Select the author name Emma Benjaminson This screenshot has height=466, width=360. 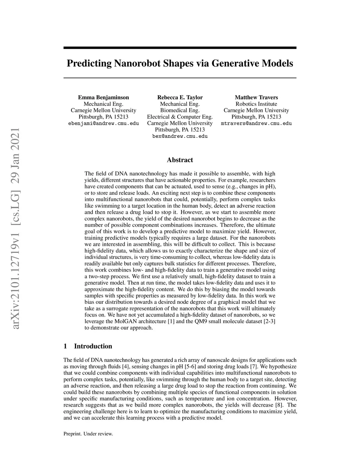tap(103, 97)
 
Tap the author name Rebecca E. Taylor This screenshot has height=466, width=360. tap(180, 97)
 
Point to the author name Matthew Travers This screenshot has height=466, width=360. tap(256, 97)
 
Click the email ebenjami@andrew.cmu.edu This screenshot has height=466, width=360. tap(103, 123)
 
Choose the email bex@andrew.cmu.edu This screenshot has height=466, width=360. tap(180, 136)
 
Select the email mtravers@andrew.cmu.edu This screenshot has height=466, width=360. tap(256, 123)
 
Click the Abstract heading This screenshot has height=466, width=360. tap(180, 160)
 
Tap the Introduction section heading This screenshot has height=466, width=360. tap(93, 346)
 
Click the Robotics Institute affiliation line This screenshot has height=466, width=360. tap(256, 104)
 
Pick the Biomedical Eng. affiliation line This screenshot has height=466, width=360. tap(180, 110)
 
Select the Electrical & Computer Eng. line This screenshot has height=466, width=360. tap(180, 117)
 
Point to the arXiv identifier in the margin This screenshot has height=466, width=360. tap(15, 229)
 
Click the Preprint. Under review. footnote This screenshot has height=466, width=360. tap(88, 434)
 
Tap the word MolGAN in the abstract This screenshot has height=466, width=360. tap(124, 321)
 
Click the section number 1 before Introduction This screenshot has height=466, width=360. tap(65, 346)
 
